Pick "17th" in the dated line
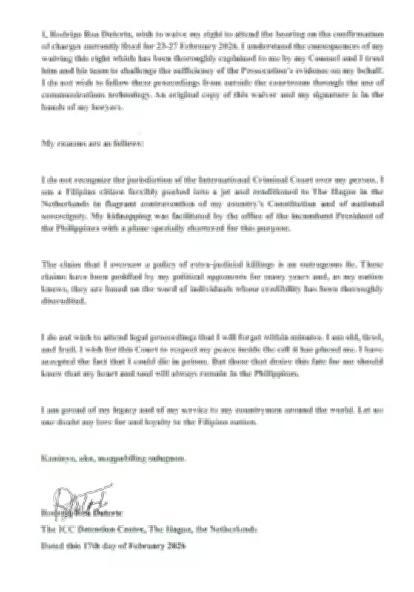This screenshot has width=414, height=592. click(x=87, y=545)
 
